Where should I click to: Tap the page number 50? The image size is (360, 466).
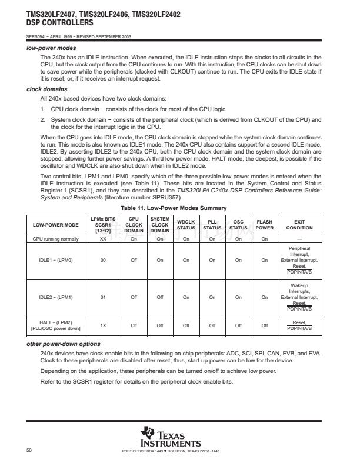tap(29, 450)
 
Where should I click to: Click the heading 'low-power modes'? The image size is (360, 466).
tap(52, 48)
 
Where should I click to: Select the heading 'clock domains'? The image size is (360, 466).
tap(48, 89)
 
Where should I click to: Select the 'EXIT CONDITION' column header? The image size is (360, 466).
tap(299, 224)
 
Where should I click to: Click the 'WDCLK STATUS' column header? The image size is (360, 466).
tap(186, 224)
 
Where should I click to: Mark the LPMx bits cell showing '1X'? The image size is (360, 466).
tap(103, 324)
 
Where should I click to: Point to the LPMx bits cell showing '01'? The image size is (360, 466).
tap(103, 297)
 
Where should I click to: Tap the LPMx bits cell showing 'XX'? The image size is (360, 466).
tap(103, 239)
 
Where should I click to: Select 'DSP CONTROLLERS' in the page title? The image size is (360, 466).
tap(60, 22)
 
